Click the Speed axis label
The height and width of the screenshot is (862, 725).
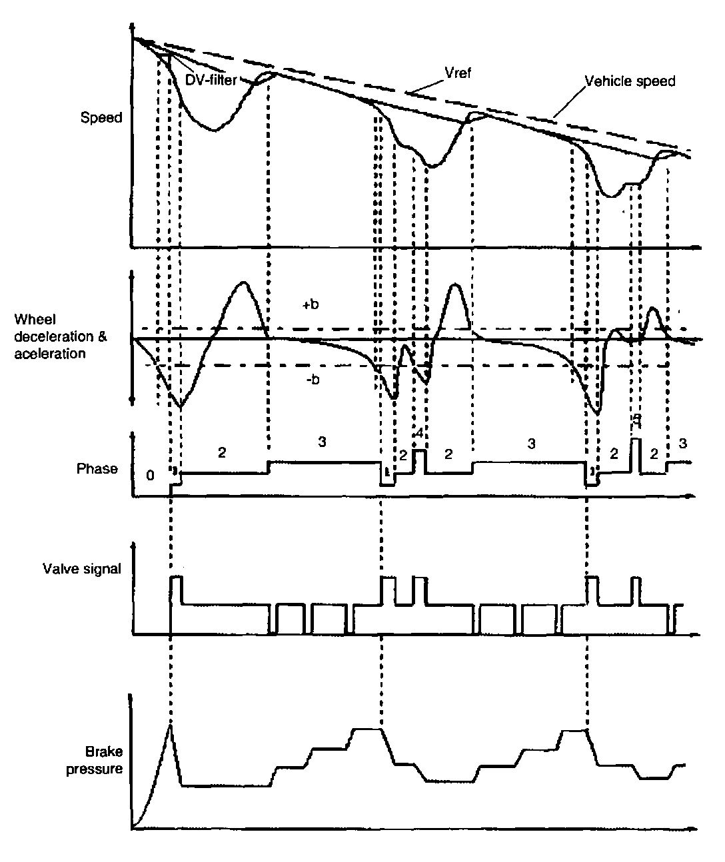coord(101,118)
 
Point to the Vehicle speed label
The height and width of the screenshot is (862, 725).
coord(630,81)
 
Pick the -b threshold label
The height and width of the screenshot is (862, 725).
coord(311,380)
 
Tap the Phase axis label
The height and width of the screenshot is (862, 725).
coord(97,468)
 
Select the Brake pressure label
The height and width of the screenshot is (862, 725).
coord(104,760)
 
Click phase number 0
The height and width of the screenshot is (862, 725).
coord(150,475)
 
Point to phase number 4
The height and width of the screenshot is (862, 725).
coord(418,433)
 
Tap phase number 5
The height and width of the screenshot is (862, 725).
coord(636,419)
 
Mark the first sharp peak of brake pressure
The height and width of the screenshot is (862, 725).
coord(171,727)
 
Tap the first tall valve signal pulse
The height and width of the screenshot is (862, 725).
coord(176,586)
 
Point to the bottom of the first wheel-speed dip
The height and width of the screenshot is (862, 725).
coord(213,130)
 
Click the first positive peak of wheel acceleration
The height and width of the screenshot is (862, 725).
coord(244,283)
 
